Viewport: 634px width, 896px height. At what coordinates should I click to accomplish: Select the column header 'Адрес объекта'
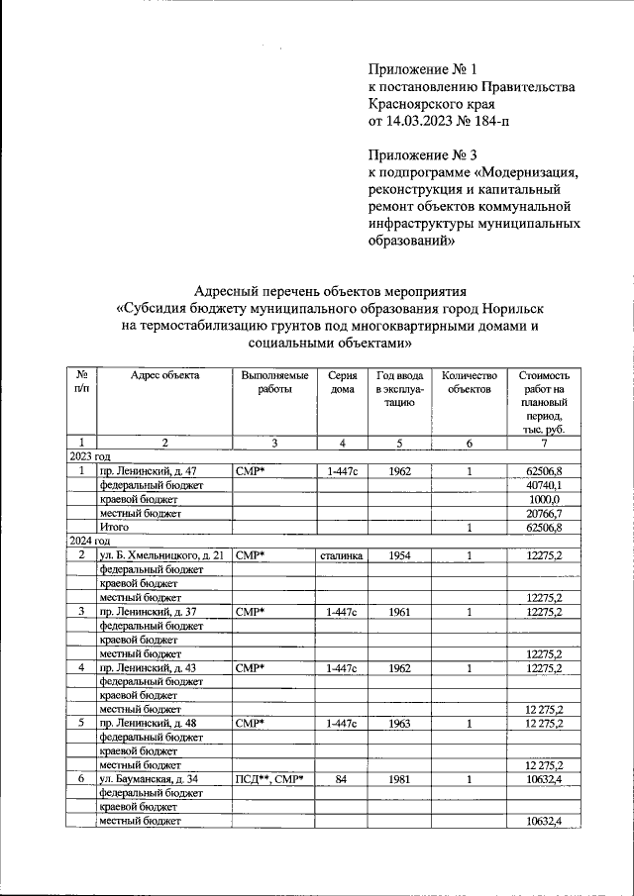point(164,376)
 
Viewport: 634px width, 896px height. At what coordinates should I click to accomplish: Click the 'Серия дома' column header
point(340,383)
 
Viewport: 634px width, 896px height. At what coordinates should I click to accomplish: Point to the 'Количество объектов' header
point(469,383)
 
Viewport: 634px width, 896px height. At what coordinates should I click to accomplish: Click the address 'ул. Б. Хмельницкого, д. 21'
point(162,556)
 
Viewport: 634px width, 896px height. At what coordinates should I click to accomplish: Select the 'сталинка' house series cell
point(340,556)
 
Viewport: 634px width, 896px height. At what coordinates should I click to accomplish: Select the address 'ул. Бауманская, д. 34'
point(150,780)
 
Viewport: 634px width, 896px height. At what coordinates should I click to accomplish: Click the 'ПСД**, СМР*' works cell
point(269,780)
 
